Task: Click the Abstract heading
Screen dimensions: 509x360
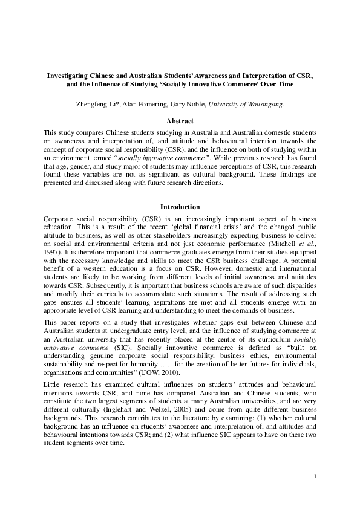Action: click(x=180, y=121)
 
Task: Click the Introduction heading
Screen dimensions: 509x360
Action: click(x=180, y=207)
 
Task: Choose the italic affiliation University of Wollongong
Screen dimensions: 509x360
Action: click(x=246, y=104)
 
